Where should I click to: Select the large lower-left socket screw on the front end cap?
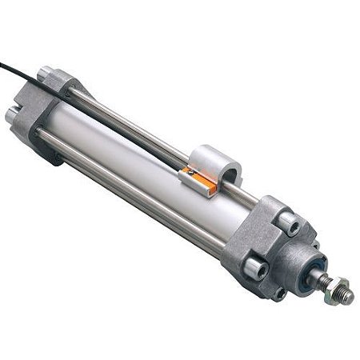(255, 266)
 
